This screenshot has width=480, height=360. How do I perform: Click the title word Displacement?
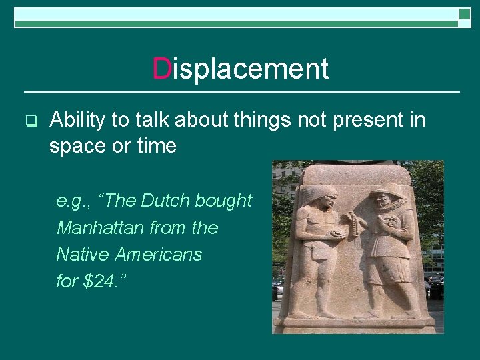241,69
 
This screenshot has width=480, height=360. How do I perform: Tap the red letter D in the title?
161,69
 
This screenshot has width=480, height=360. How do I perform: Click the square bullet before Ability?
29,121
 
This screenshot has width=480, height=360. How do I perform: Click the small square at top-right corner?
465,14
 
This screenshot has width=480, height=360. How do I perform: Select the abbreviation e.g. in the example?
70,201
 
